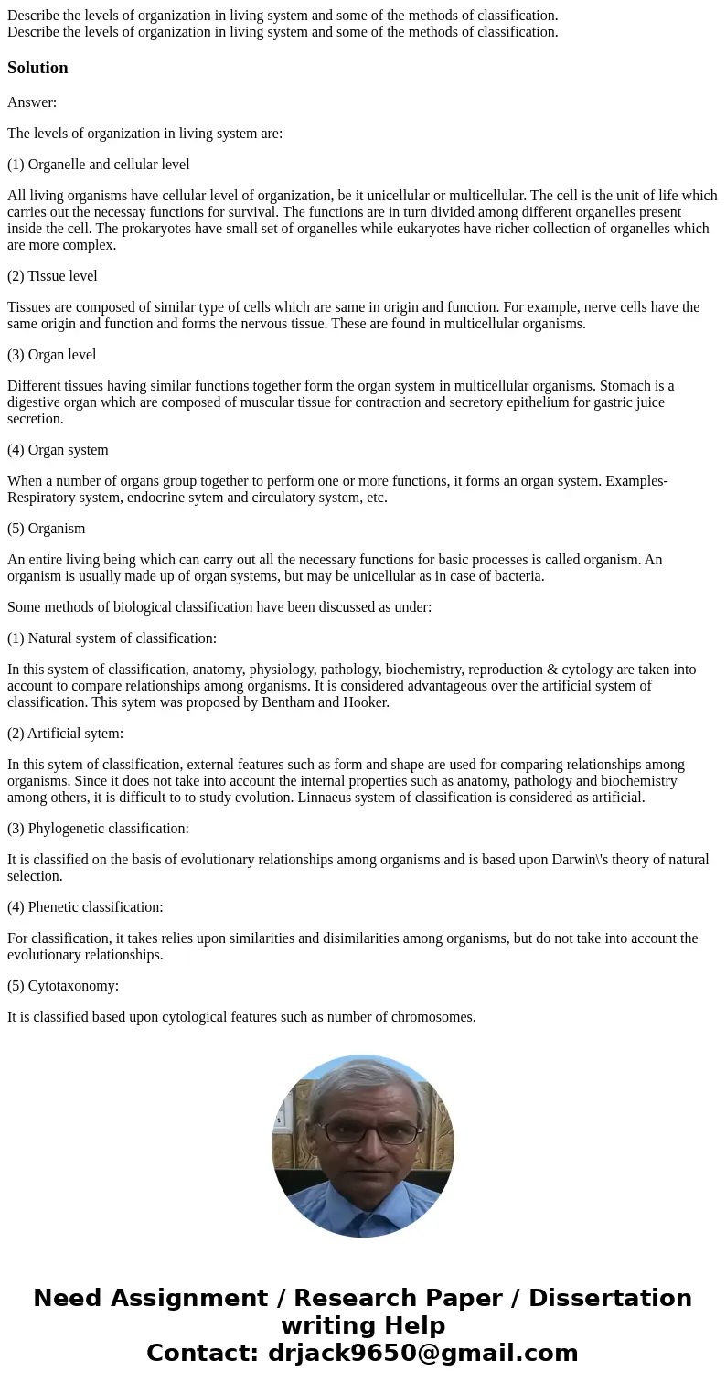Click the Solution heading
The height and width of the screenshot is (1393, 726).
(37, 68)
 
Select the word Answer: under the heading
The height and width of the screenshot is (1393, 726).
(32, 102)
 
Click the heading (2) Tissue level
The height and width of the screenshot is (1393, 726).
(52, 276)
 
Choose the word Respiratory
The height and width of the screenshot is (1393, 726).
(43, 498)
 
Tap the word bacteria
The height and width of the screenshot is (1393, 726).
(517, 576)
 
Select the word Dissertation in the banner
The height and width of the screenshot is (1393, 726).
(610, 1299)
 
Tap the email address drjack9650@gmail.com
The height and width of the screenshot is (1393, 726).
(423, 1354)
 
